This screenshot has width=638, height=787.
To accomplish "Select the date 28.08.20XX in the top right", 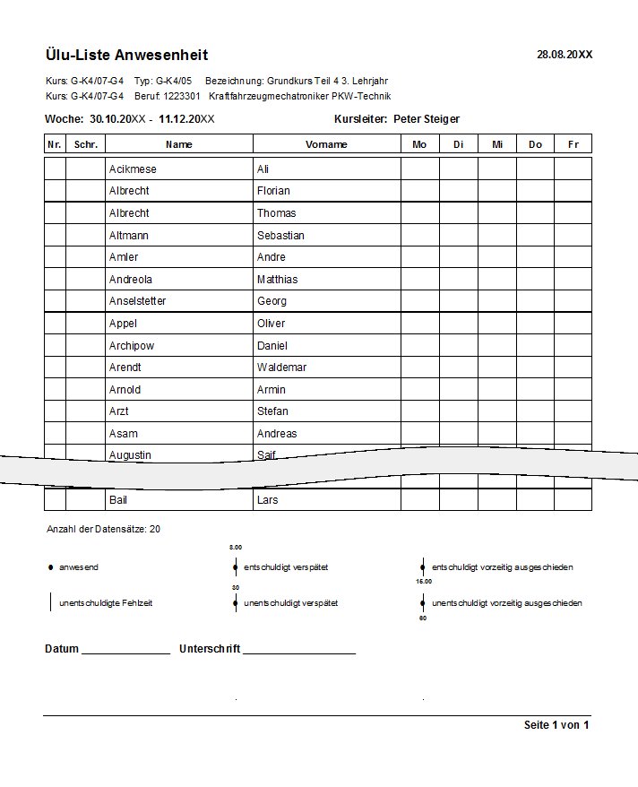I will pyautogui.click(x=565, y=55).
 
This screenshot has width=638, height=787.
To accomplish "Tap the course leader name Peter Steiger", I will pyautogui.click(x=427, y=119).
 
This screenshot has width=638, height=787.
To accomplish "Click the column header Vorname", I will pyautogui.click(x=326, y=144).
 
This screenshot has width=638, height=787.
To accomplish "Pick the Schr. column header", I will pyautogui.click(x=86, y=144).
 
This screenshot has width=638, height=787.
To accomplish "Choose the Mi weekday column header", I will pyautogui.click(x=496, y=144).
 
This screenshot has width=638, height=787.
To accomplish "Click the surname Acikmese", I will pyautogui.click(x=133, y=169).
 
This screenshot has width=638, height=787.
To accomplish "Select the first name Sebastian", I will pyautogui.click(x=280, y=236).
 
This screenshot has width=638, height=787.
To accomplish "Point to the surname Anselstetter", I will pyautogui.click(x=137, y=301).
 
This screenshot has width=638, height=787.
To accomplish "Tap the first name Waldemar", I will pyautogui.click(x=281, y=368).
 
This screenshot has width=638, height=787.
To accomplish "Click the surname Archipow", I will pyautogui.click(x=131, y=346).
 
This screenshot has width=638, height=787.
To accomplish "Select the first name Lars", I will pyautogui.click(x=267, y=500).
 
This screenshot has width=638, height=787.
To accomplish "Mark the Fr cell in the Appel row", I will pyautogui.click(x=573, y=324).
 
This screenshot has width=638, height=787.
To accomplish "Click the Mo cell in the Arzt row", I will pyautogui.click(x=419, y=411).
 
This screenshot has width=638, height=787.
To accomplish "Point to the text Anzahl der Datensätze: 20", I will pyautogui.click(x=103, y=530).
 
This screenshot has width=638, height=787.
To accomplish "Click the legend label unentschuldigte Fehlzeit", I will pyautogui.click(x=106, y=603).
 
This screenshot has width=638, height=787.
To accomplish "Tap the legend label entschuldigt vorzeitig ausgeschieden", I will pyautogui.click(x=502, y=567).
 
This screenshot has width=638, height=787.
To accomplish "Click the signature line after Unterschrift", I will pyautogui.click(x=298, y=650).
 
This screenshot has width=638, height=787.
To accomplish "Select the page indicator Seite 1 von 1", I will pyautogui.click(x=556, y=725).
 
